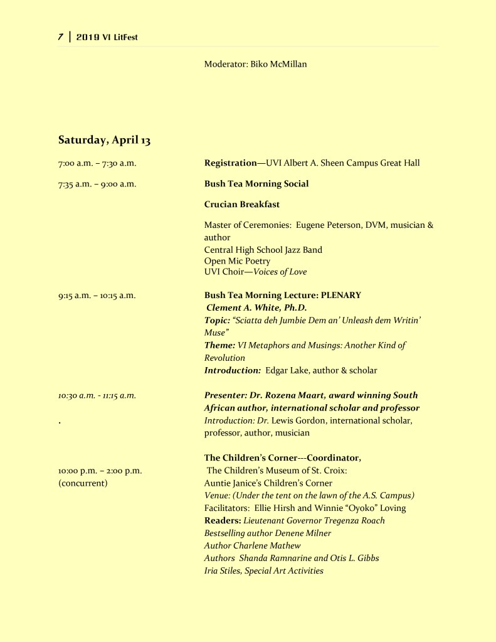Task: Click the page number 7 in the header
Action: [61, 37]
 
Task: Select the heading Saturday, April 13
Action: [104, 140]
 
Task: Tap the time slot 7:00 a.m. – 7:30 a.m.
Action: [97, 163]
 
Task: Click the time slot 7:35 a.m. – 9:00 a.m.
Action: [97, 184]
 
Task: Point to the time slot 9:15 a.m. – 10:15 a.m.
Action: [97, 295]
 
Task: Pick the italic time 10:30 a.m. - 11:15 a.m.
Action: [97, 395]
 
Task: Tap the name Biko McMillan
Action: [278, 64]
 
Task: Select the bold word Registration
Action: [230, 163]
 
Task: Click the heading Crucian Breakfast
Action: [242, 205]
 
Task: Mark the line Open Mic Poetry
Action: [237, 260]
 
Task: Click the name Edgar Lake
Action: [286, 370]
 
